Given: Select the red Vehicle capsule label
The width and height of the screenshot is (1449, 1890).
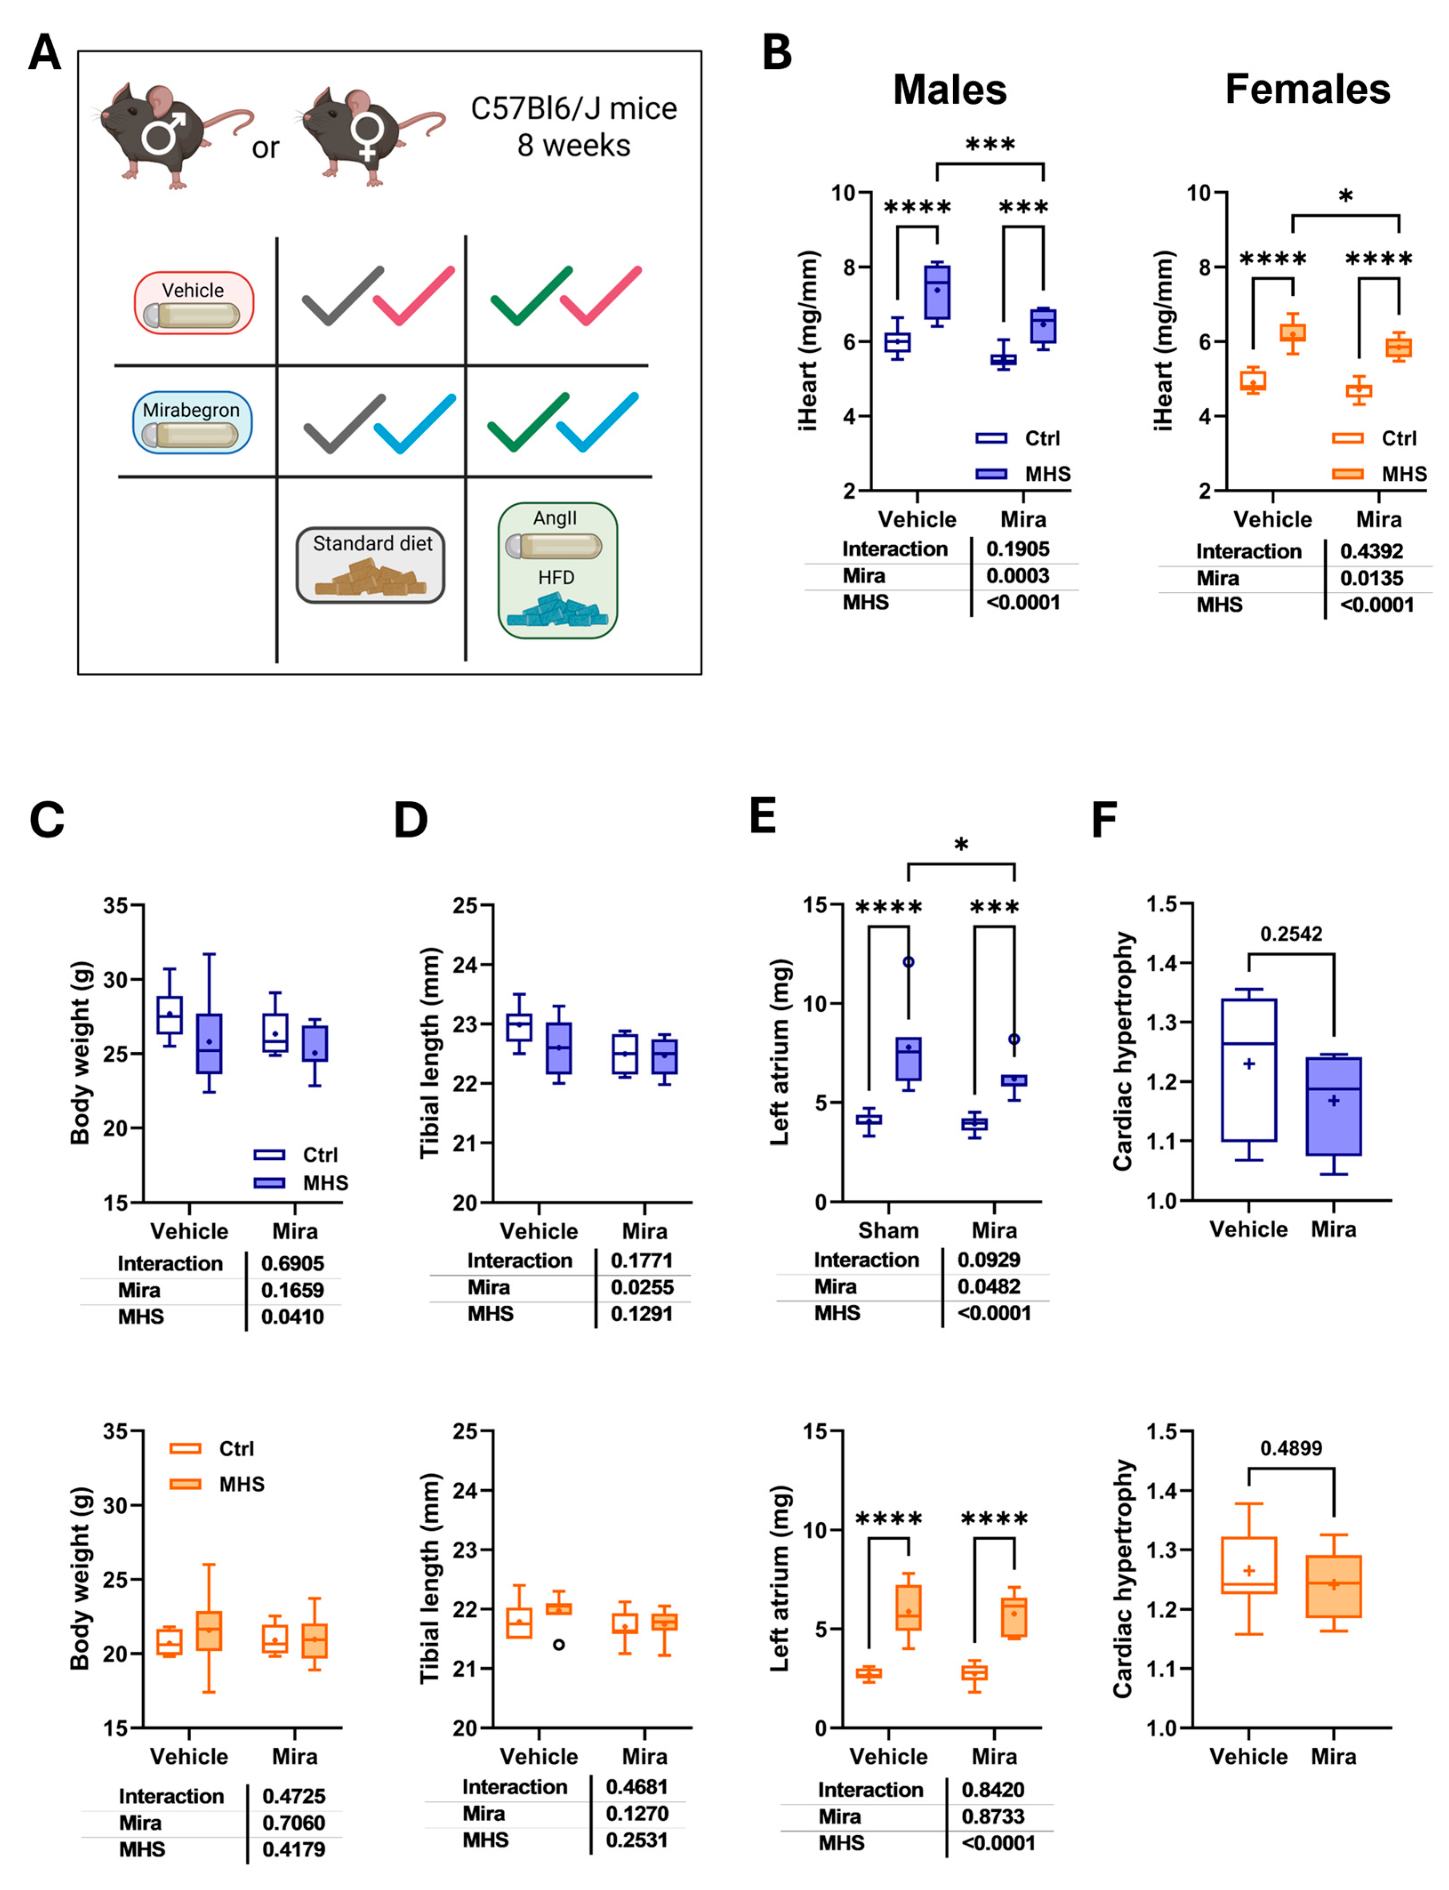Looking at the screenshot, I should tap(193, 302).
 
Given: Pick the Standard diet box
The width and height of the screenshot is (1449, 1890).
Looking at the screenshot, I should tap(371, 565).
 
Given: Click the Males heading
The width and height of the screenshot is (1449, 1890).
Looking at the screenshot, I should tap(949, 90).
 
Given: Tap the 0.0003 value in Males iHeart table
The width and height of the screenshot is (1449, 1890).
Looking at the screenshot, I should tap(1018, 575).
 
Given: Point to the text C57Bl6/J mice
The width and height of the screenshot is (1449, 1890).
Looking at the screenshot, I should tap(574, 109).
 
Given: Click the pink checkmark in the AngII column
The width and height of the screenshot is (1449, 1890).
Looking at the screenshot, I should tap(601, 295).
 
